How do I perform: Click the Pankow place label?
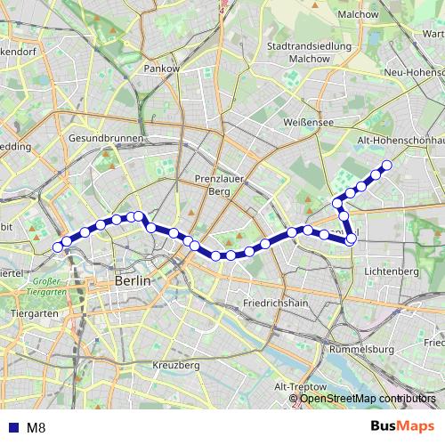[x=162, y=68]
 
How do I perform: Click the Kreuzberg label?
[x=175, y=365]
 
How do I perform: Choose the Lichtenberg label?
[x=391, y=270]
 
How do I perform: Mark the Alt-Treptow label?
[x=298, y=386]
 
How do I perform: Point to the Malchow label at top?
[x=359, y=14]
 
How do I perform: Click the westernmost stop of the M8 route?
[x=58, y=247]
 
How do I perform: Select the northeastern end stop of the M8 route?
[x=386, y=166]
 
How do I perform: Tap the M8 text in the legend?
[x=36, y=426]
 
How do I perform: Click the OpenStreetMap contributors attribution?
[x=368, y=398]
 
